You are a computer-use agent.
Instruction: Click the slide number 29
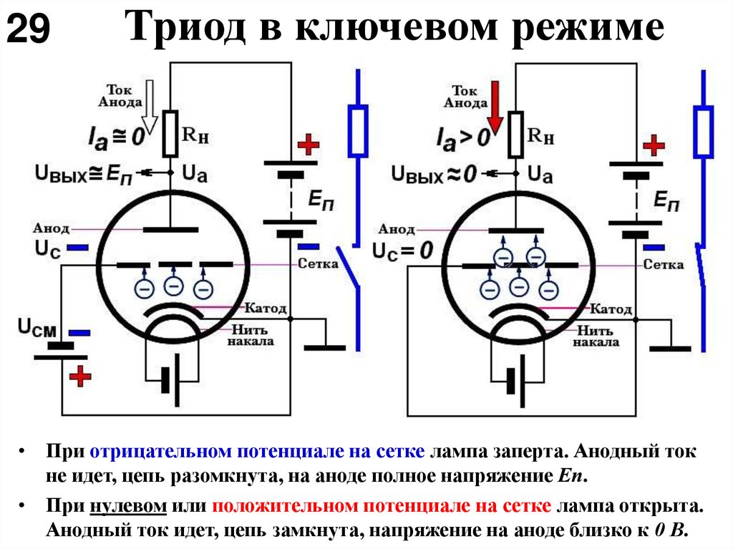point(29,29)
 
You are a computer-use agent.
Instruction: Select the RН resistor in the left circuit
point(170,133)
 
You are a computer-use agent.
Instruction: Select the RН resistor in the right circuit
point(515,133)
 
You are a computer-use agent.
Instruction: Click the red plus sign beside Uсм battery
point(80,374)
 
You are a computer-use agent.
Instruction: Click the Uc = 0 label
point(403,251)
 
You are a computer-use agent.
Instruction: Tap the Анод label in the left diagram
point(51,229)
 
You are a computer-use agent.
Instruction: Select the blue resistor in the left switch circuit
point(358,130)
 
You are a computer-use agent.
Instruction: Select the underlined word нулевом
point(129,506)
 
